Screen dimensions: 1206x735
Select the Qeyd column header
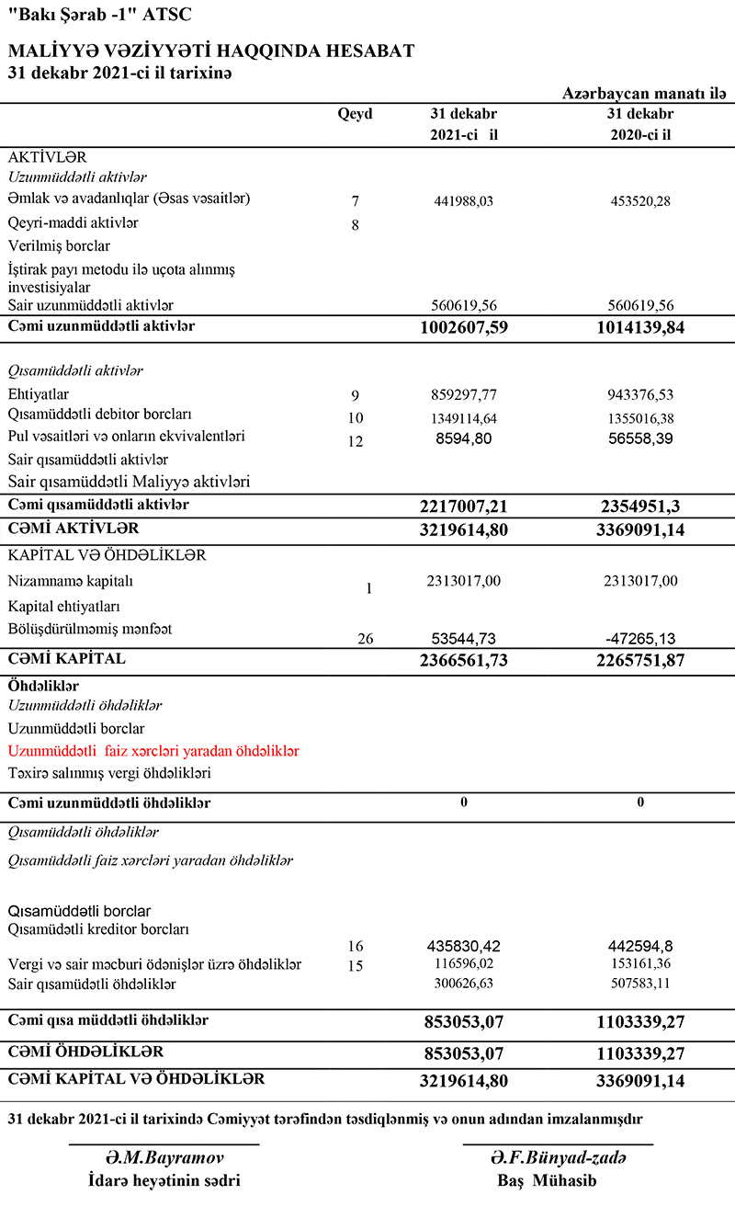coord(356,114)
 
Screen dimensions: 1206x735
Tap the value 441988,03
coord(463,201)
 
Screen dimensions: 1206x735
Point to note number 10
coord(356,418)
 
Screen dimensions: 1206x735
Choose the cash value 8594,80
coord(463,439)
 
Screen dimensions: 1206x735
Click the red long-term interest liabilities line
coord(153,751)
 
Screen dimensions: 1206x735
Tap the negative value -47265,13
coord(639,638)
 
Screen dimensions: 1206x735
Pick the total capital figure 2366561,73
coord(463,661)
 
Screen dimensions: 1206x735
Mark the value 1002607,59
coord(463,327)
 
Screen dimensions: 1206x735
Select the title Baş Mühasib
coord(558,1181)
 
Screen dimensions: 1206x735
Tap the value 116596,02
coord(463,964)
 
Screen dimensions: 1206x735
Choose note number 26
coord(365,639)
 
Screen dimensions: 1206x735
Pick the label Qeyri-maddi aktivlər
coord(73,223)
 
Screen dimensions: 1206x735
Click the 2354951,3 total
coord(639,506)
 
